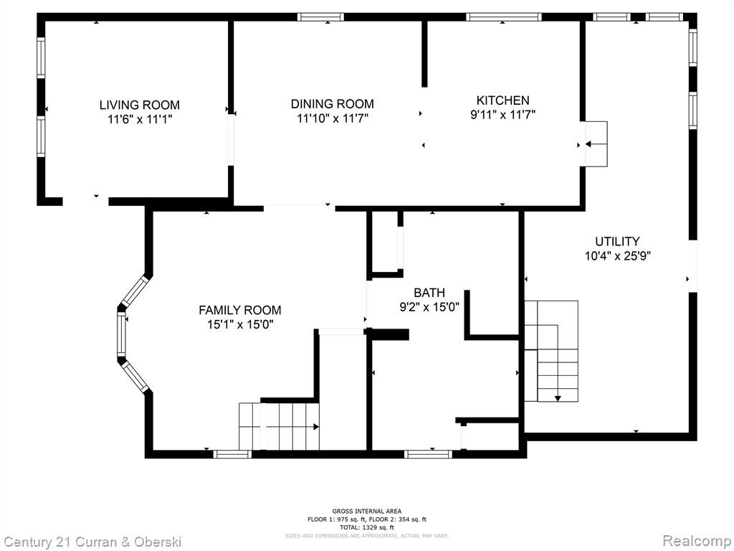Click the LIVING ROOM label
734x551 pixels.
(140, 105)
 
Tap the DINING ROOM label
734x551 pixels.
(333, 103)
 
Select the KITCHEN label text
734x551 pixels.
(502, 100)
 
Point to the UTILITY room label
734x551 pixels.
(617, 241)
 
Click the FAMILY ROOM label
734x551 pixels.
(239, 310)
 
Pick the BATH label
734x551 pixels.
(429, 293)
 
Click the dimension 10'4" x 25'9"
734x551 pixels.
(618, 256)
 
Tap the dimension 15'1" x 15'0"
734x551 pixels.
(240, 324)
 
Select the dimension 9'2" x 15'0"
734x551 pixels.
(429, 307)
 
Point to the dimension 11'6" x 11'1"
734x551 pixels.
(140, 119)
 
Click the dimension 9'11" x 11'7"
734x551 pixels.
(502, 114)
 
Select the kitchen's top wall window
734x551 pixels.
(504, 17)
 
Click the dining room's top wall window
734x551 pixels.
(320, 17)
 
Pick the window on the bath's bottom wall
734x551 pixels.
(429, 453)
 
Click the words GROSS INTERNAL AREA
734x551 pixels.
(367, 511)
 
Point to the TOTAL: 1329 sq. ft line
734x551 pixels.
(367, 527)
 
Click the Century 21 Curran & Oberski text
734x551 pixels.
(92, 542)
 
